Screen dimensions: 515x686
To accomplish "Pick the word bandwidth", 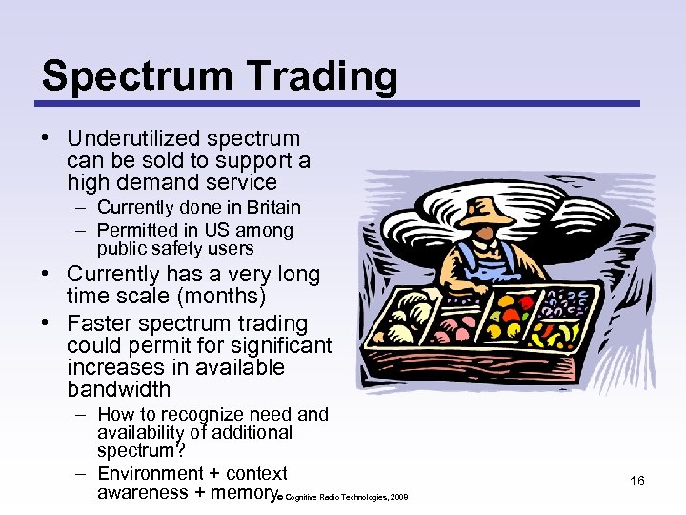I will tap(119, 389).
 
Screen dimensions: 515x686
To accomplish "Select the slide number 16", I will tap(636, 481).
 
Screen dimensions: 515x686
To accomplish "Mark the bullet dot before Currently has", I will tap(46, 275).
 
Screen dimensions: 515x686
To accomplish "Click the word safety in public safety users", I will tap(176, 249).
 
